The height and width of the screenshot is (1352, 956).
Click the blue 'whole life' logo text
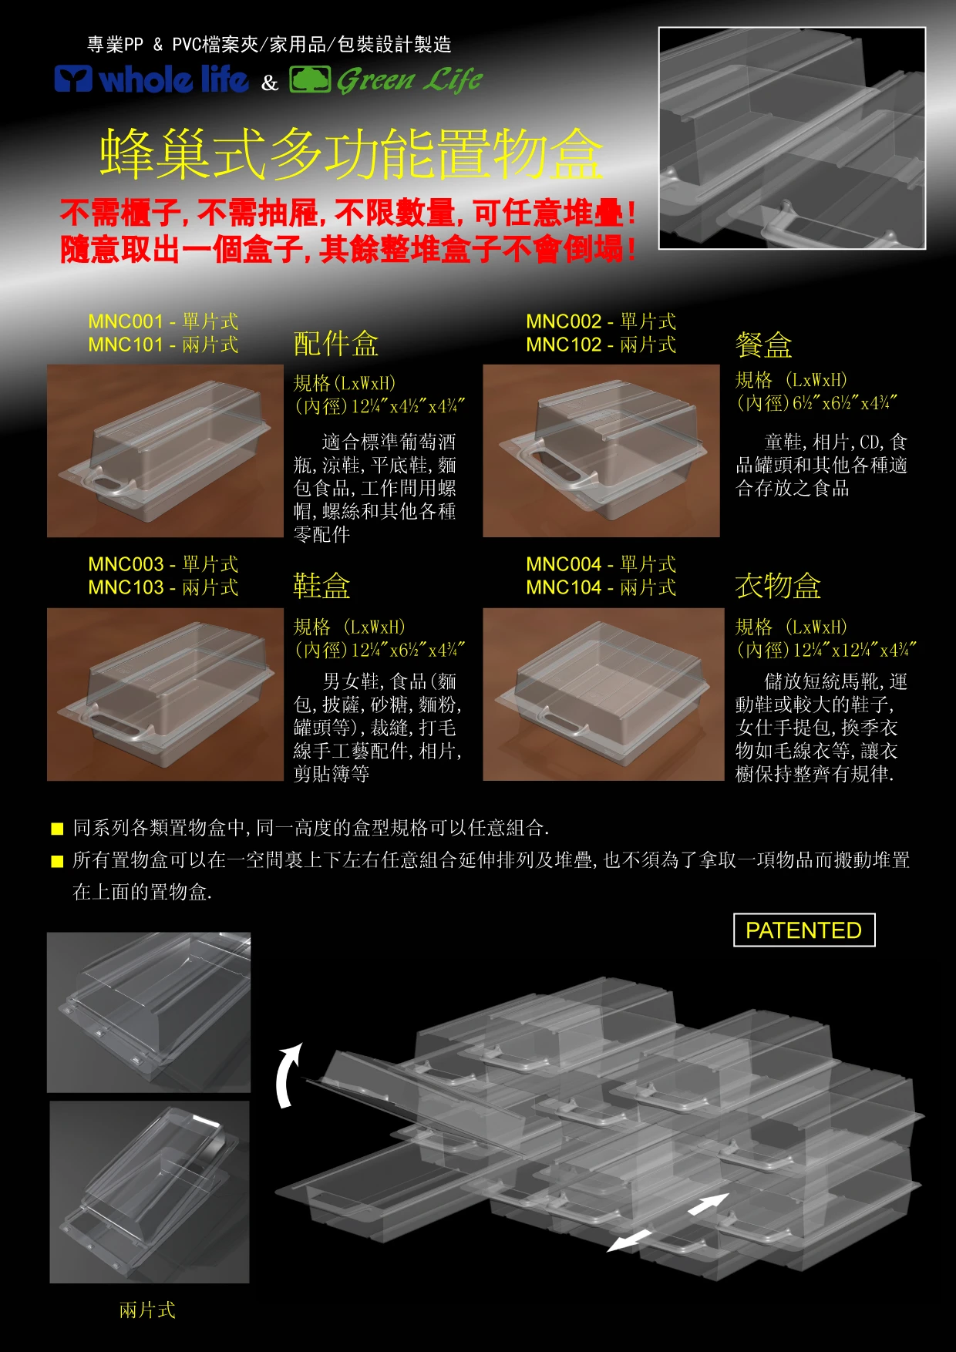174,79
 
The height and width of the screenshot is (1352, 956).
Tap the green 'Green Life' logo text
409,80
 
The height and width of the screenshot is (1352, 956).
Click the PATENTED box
804,930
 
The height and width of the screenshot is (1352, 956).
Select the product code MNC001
126,321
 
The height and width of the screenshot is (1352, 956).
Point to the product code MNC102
564,345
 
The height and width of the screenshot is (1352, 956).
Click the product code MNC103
126,587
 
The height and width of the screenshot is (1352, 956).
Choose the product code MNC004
564,564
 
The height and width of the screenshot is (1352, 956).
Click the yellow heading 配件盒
336,344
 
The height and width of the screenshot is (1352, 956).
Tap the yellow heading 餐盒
764,345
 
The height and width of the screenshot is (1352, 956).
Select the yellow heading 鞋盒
321,586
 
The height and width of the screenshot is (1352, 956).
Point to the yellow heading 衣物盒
778,586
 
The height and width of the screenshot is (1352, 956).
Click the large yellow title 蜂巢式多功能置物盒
352,154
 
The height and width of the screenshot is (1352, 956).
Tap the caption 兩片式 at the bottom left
147,1310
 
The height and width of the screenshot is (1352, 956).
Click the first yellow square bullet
57,829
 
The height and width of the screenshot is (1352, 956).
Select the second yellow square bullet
57,861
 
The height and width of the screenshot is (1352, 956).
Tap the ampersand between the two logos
269,82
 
